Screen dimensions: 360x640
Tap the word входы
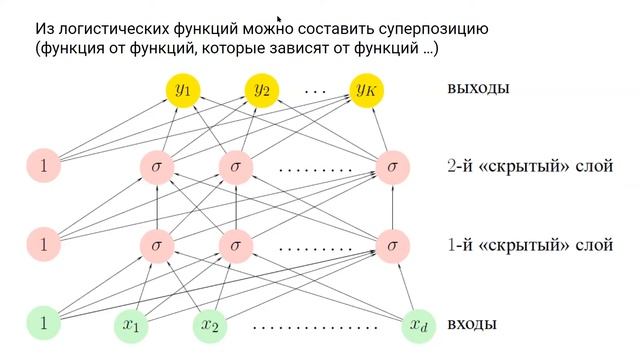tap(473, 325)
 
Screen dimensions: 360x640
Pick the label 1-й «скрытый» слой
tap(528, 244)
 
